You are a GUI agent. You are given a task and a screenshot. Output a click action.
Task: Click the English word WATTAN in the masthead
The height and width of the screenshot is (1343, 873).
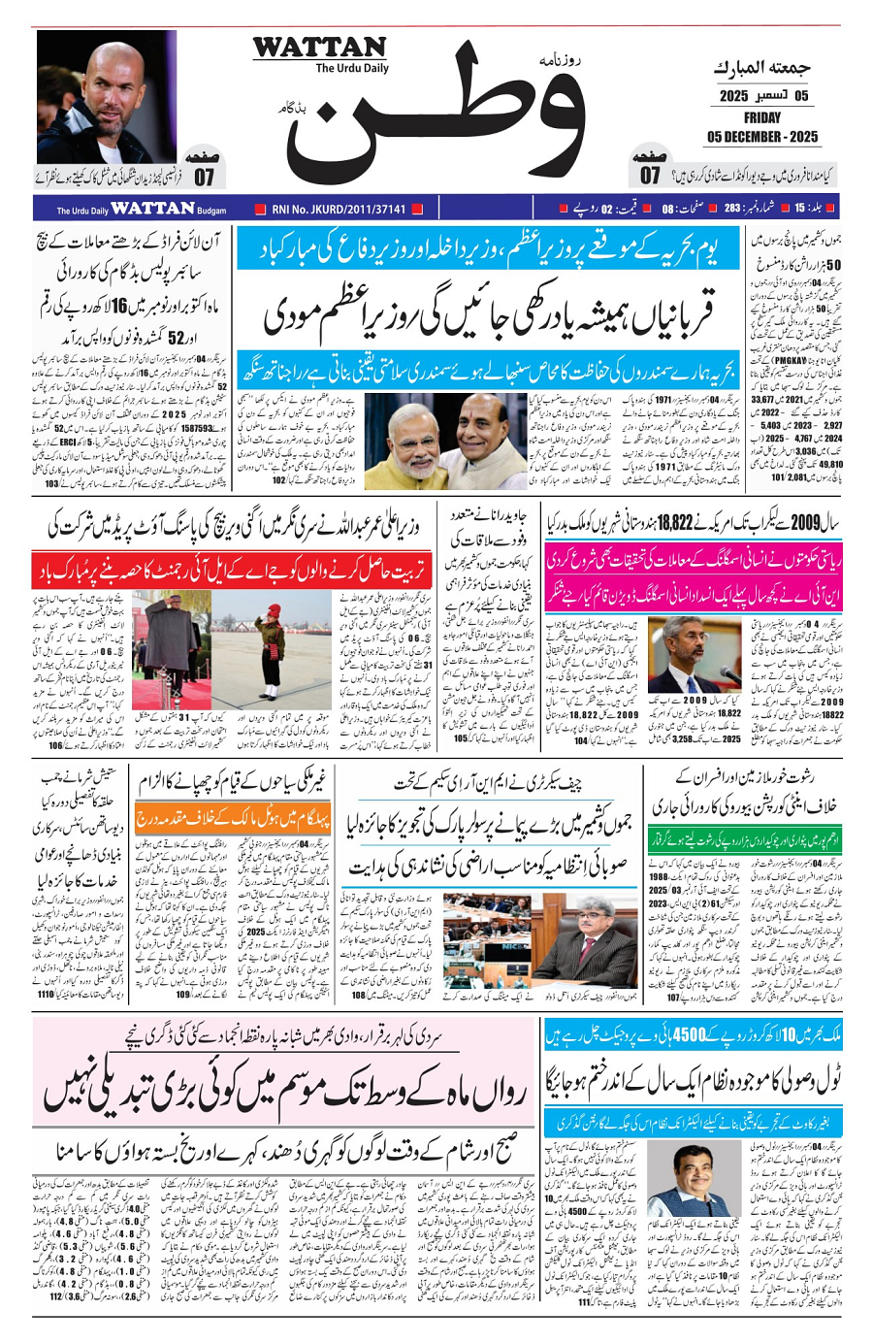[319, 48]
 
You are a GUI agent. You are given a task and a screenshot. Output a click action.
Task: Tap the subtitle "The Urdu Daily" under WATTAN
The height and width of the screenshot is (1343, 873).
[351, 68]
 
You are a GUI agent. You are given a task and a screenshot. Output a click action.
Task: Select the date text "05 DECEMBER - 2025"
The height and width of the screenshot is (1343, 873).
[762, 136]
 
